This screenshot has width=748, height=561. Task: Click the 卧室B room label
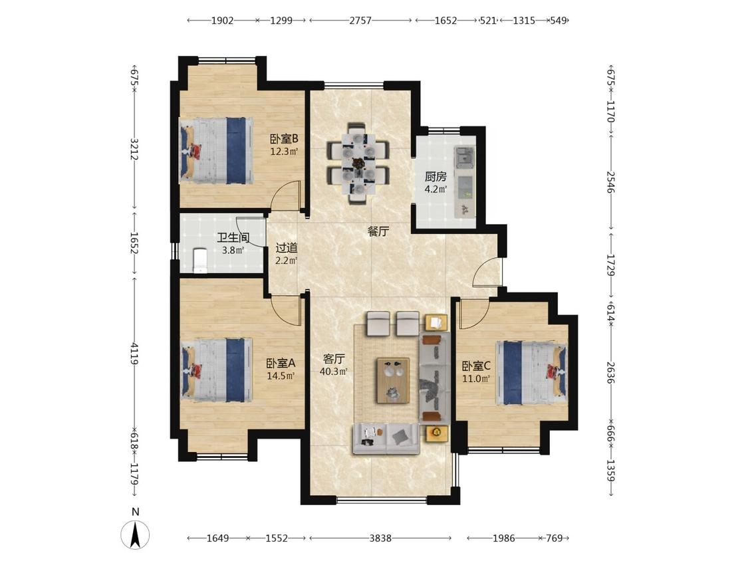click(284, 139)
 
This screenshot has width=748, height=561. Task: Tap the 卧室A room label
click(281, 363)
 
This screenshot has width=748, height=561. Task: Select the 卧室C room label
click(475, 366)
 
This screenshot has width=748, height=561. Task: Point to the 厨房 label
click(436, 177)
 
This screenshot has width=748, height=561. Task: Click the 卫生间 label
click(233, 237)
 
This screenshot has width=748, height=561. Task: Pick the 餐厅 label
click(378, 232)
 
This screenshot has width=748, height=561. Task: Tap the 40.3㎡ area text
click(334, 371)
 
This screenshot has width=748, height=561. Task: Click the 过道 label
click(287, 248)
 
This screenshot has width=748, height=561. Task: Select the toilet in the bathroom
click(200, 261)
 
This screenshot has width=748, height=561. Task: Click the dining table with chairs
click(358, 163)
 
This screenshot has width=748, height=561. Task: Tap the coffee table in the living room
click(393, 380)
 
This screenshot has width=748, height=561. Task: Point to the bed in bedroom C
click(531, 372)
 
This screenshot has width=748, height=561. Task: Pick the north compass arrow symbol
click(136, 534)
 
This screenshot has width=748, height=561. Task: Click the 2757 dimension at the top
click(360, 21)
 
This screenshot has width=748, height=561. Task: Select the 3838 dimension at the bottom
click(380, 538)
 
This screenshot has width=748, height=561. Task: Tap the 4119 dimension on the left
click(135, 353)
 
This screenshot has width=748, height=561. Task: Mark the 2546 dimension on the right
click(611, 182)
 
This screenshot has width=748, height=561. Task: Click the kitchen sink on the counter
click(464, 157)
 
